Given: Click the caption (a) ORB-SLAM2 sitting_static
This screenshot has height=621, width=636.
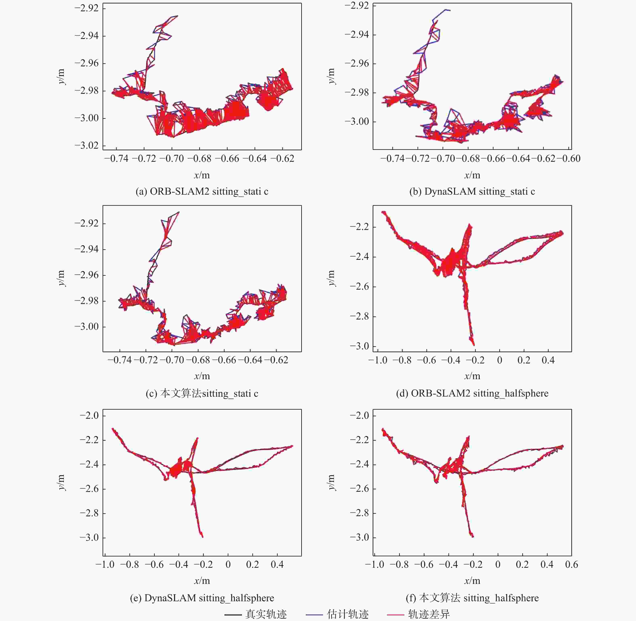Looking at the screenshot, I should tap(202, 191).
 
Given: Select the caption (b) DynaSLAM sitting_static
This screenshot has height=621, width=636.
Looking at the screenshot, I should tap(472, 191).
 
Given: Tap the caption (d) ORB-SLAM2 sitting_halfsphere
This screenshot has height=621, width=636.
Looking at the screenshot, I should tap(472, 393).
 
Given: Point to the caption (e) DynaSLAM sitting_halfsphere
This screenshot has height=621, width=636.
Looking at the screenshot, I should tap(202, 598).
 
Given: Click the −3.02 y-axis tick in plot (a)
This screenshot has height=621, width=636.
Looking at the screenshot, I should tap(87, 145).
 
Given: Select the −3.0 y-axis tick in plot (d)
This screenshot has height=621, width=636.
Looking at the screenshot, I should tap(359, 346).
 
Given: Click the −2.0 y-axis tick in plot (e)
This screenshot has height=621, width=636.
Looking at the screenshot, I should tap(89, 415).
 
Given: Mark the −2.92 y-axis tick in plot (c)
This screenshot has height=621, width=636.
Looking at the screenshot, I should tap(87, 224).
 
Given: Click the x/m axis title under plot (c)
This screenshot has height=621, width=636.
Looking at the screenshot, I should tap(202, 376).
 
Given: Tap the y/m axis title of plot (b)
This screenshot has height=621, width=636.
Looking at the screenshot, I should tap(331, 76).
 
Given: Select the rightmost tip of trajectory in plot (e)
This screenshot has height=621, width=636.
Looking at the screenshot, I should tap(292, 446).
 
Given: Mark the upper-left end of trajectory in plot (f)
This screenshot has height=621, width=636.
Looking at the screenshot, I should tap(383, 429).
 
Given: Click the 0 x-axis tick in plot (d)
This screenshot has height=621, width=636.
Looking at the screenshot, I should tap(500, 360).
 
